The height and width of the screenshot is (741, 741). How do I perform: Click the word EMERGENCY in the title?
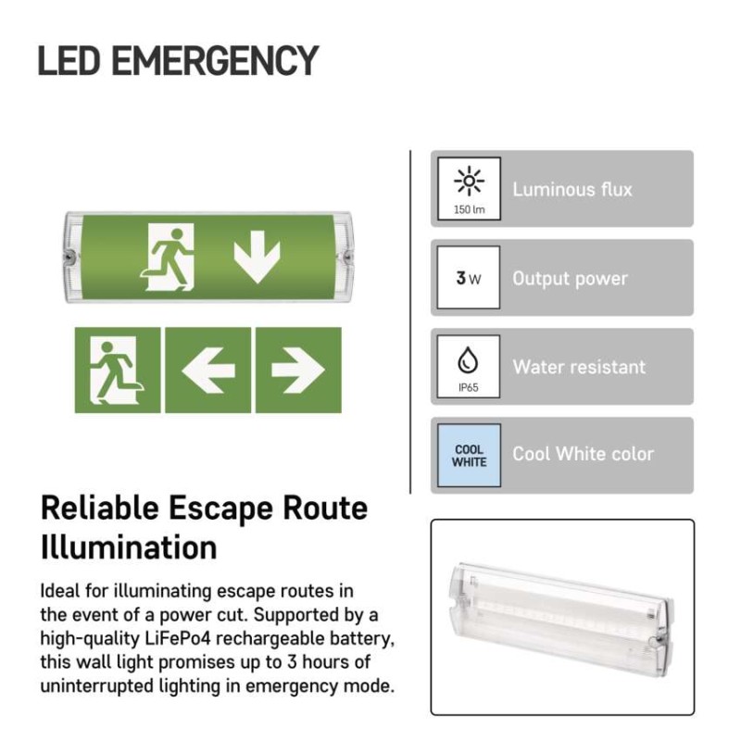click(x=215, y=60)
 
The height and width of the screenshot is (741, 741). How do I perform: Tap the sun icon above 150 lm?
click(x=469, y=181)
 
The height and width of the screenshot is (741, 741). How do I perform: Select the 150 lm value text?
click(x=469, y=209)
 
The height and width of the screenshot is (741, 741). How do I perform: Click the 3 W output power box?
click(x=469, y=277)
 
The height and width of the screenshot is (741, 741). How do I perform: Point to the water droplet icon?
click(x=468, y=360)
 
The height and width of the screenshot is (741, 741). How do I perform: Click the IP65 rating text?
click(x=469, y=387)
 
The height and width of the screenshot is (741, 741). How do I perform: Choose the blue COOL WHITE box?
click(x=469, y=455)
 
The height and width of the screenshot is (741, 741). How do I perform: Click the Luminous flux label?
click(x=572, y=190)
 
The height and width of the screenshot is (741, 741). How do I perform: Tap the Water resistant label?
click(x=579, y=367)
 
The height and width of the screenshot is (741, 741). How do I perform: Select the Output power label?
click(x=570, y=279)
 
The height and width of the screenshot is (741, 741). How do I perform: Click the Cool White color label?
click(x=584, y=454)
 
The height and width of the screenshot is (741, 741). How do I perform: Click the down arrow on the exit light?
click(x=257, y=257)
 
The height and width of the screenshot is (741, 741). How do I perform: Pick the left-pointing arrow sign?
click(x=207, y=370)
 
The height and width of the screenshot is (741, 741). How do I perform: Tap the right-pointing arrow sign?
click(x=298, y=370)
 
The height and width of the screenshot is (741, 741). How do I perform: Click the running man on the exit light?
click(x=168, y=257)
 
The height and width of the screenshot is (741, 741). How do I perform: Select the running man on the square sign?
click(x=118, y=370)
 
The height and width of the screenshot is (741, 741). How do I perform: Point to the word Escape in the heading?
click(x=220, y=509)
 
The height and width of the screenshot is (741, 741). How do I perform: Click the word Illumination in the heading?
click(x=129, y=547)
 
